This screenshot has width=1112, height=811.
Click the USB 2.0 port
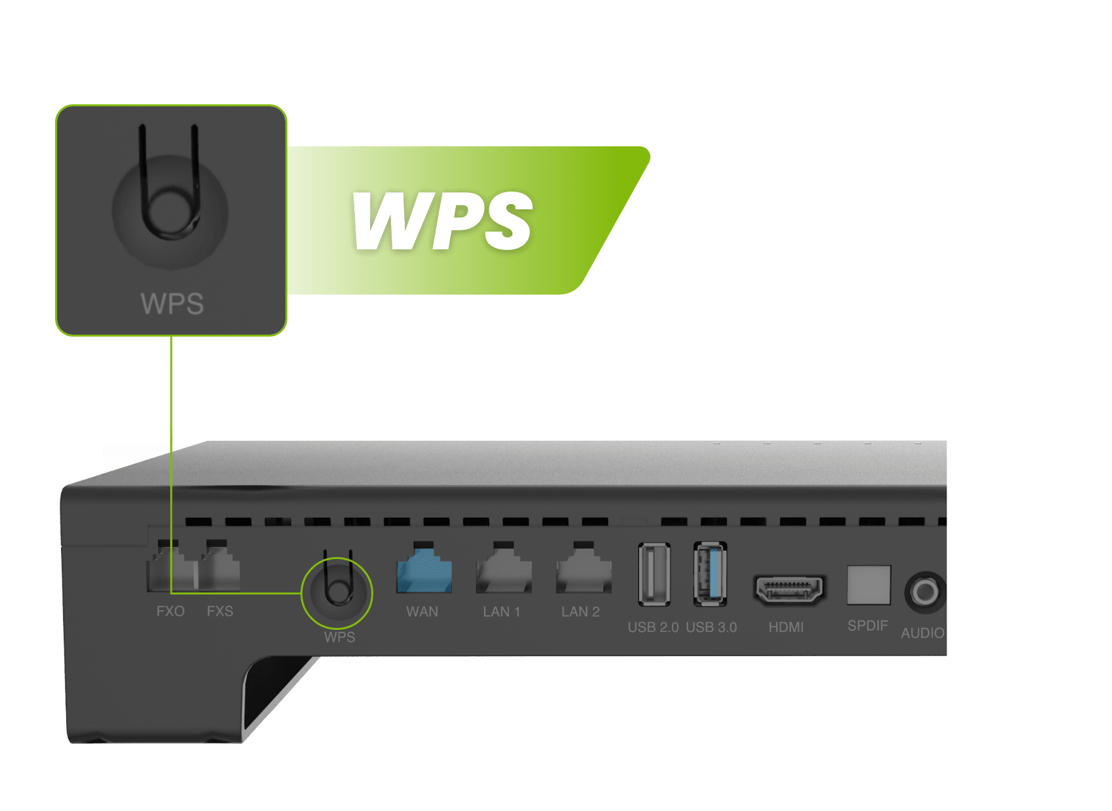(654, 575)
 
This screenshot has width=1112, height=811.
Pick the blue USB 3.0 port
(710, 574)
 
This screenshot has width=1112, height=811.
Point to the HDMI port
(789, 590)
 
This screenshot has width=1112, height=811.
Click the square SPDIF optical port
(869, 585)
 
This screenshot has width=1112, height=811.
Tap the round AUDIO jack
(925, 592)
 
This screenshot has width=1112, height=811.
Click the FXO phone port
(170, 566)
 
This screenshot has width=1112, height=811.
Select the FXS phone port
(220, 566)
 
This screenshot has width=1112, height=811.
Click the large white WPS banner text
(442, 221)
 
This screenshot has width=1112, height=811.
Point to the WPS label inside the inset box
(173, 303)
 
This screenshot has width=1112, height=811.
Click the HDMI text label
(786, 627)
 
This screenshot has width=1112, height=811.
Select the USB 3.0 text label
(711, 627)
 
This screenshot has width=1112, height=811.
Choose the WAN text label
(422, 612)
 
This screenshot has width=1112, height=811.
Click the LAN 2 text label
(581, 612)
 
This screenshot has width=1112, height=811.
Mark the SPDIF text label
(868, 626)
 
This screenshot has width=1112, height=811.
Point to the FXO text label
(171, 612)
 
